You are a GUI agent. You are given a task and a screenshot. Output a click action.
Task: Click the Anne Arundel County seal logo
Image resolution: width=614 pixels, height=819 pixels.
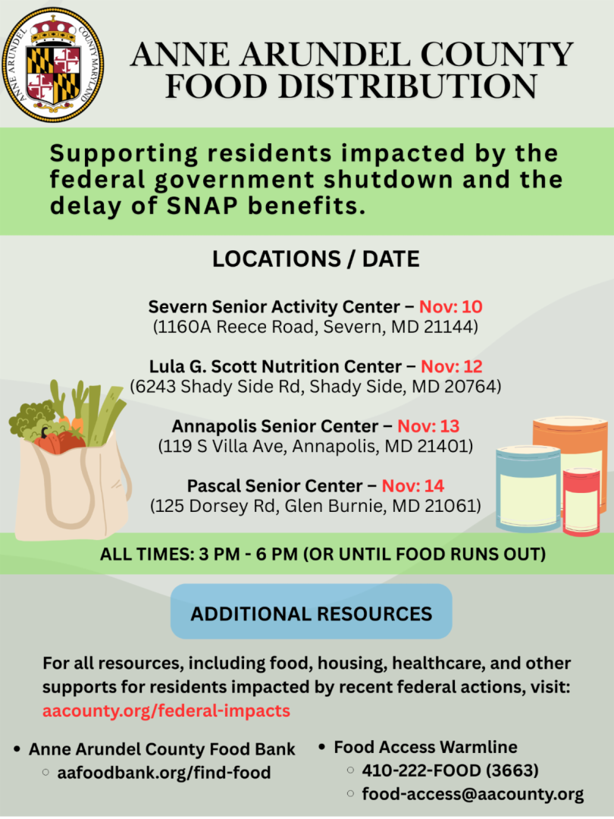pyautogui.click(x=54, y=64)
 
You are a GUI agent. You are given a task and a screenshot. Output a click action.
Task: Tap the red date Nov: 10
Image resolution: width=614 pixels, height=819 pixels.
pyautogui.click(x=451, y=307)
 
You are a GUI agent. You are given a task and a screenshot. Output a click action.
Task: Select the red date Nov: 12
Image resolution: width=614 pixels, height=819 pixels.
pyautogui.click(x=452, y=366)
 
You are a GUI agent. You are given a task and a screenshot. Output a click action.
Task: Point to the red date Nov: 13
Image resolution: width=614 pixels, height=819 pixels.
pyautogui.click(x=428, y=426)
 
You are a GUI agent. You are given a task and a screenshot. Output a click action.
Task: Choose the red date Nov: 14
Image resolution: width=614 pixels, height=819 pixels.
pyautogui.click(x=413, y=485)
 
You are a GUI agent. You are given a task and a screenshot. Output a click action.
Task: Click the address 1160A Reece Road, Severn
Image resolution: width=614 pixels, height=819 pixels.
pyautogui.click(x=315, y=328)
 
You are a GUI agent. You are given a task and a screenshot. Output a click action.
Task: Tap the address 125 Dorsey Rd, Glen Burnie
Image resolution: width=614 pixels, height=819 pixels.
pyautogui.click(x=315, y=506)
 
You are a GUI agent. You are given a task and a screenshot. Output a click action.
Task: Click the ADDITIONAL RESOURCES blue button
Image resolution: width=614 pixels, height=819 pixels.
pyautogui.click(x=312, y=613)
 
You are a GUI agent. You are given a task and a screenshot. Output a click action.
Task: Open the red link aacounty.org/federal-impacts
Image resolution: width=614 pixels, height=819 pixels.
pyautogui.click(x=166, y=711)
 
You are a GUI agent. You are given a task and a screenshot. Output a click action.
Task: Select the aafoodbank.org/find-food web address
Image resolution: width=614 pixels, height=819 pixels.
pyautogui.click(x=164, y=773)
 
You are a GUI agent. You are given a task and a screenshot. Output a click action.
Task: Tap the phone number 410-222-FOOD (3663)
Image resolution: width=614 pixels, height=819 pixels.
pyautogui.click(x=450, y=770)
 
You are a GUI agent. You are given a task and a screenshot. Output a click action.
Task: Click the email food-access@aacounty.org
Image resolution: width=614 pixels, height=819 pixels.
pyautogui.click(x=472, y=794)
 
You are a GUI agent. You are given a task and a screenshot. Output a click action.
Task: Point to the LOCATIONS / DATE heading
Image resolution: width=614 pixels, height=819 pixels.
pyautogui.click(x=315, y=259)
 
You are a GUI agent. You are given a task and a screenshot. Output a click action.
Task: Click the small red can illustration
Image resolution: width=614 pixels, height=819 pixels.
pyautogui.click(x=581, y=502)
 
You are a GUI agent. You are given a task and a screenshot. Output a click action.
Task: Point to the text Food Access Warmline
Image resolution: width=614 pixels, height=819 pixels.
pyautogui.click(x=425, y=747)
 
